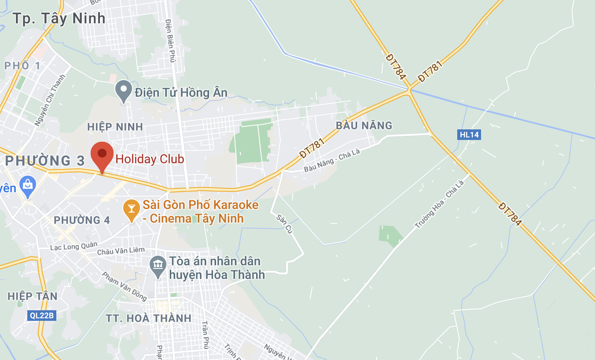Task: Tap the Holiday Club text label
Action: (150, 159)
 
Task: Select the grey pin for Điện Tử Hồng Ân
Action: (124, 91)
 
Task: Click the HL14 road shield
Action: (469, 135)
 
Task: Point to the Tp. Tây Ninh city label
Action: (59, 18)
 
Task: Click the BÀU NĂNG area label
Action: (364, 126)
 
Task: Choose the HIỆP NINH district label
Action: (115, 127)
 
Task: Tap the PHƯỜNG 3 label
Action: (45, 161)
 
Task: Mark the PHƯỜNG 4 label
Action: (82, 220)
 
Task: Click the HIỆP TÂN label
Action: (33, 296)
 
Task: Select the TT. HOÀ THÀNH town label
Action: (149, 318)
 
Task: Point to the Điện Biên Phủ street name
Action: (170, 40)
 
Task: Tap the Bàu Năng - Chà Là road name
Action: (332, 161)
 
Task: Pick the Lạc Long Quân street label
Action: (68, 247)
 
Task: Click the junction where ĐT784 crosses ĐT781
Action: (410, 89)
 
